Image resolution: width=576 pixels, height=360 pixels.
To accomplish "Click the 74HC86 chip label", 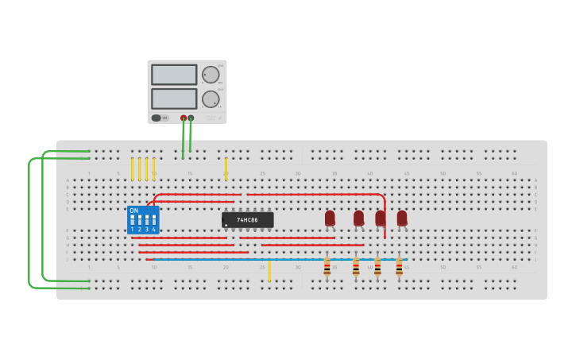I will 248,220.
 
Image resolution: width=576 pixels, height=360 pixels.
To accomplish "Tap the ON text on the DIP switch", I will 134,211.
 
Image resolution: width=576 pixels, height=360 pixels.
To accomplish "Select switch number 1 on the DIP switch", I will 133,221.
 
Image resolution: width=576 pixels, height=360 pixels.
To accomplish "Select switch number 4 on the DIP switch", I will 154,221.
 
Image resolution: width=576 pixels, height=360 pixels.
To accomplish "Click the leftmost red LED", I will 330,218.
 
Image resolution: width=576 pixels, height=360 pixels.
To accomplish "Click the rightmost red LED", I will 402,218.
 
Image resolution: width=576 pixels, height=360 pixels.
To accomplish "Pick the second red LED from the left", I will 358,218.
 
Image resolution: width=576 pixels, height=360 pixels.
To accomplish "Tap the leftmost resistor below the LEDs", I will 327,268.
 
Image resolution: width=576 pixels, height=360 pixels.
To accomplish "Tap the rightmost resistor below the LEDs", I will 399,268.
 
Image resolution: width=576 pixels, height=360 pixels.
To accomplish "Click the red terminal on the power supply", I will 184,118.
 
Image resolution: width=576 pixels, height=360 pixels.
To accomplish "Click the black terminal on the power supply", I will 191,118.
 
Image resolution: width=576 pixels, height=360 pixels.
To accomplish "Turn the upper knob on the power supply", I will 210,75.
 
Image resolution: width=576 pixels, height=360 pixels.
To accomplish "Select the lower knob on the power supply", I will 210,99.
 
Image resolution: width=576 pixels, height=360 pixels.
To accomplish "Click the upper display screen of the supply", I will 174,75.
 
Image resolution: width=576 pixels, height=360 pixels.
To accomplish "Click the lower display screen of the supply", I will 174,99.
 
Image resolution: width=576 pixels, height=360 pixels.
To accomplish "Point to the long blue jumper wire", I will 278,259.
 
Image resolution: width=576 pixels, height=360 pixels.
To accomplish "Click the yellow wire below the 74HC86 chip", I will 269,270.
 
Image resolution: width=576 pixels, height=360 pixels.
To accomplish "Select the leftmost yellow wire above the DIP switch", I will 133,168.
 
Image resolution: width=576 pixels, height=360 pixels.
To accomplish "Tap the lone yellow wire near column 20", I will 226,168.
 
